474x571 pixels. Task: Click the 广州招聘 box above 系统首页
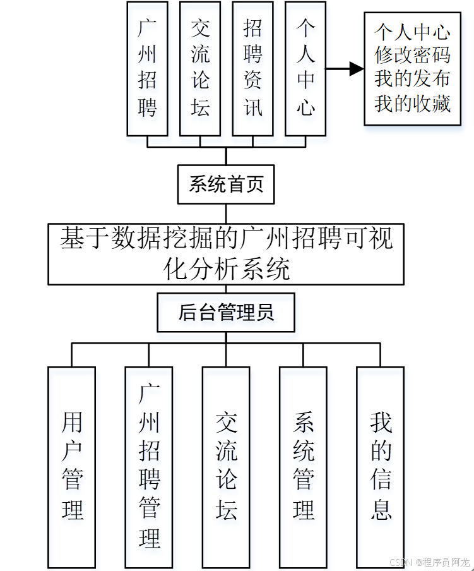[x=147, y=68]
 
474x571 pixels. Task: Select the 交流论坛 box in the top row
[x=200, y=68]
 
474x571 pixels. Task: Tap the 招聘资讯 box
[x=253, y=68]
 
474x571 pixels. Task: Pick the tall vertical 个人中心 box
[x=306, y=68]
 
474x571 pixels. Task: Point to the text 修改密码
[x=412, y=56]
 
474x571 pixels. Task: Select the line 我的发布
[x=412, y=79]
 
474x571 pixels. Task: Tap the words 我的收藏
[x=412, y=103]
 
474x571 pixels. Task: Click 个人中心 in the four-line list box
[x=412, y=32]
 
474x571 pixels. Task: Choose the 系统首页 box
[x=226, y=184]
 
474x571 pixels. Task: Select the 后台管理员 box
[x=226, y=312]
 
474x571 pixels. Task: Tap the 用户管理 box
[x=72, y=466]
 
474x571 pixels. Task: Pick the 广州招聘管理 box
[x=149, y=466]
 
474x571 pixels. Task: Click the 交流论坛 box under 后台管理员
[x=226, y=466]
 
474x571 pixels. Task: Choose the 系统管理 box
[x=303, y=466]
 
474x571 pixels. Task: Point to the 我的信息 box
[x=380, y=466]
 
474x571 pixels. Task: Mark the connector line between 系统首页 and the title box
[x=226, y=213]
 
